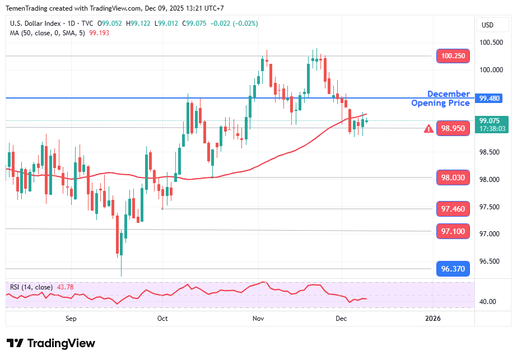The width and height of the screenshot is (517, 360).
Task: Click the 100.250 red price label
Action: [453, 56]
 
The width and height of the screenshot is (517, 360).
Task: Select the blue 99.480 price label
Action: [490, 99]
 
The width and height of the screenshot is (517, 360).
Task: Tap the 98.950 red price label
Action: [453, 128]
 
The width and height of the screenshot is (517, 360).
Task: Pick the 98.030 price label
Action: [453, 177]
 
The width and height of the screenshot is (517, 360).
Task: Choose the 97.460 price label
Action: [453, 209]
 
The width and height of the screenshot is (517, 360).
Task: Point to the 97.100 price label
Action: [453, 231]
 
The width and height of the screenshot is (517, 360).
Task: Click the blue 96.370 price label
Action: [453, 269]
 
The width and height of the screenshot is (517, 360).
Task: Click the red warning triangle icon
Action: [428, 129]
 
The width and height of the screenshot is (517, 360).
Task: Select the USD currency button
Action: [487, 25]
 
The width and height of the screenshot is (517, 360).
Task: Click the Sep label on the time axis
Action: [71, 319]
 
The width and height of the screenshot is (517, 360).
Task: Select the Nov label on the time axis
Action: [258, 319]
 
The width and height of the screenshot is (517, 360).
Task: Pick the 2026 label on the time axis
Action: [432, 319]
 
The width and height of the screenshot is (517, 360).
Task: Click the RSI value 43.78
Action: [64, 287]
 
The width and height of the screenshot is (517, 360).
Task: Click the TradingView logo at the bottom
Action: [51, 343]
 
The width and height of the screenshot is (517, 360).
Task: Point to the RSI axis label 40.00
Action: [488, 302]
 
